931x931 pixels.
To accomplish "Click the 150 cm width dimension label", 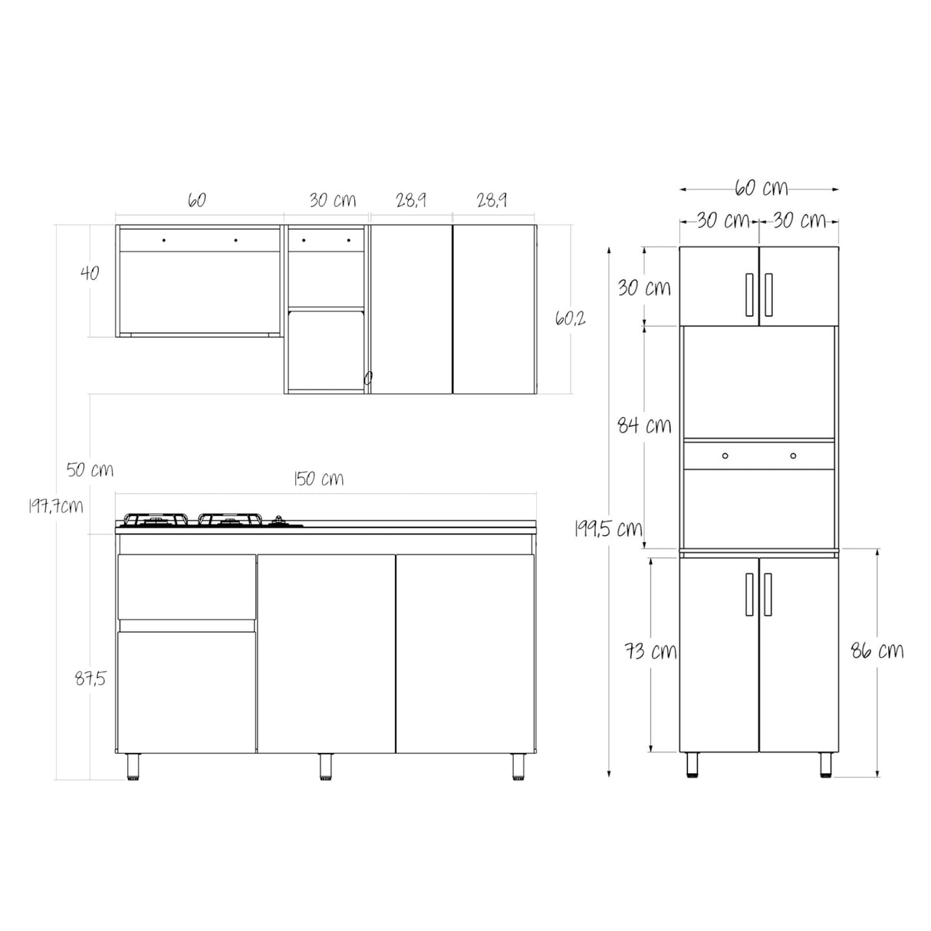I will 318,479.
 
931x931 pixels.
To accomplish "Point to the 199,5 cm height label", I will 609,528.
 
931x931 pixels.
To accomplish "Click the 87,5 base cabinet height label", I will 90,678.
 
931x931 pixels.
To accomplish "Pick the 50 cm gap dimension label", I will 90,469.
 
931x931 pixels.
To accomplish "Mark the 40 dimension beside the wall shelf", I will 90,272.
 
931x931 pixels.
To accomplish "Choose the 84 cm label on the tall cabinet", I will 644,424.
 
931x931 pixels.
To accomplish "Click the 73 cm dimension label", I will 650,651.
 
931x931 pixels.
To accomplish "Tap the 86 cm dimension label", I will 877,651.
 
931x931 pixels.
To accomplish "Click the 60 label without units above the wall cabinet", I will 196,200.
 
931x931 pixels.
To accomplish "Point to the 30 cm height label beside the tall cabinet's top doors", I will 644,288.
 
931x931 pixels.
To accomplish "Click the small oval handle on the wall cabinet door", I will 368,377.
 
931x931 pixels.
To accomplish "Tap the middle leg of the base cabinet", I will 326,767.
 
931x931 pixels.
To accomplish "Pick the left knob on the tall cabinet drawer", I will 725,456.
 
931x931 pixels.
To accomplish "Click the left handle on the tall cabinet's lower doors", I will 747,594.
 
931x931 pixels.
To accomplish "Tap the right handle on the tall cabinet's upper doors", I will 768,294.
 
